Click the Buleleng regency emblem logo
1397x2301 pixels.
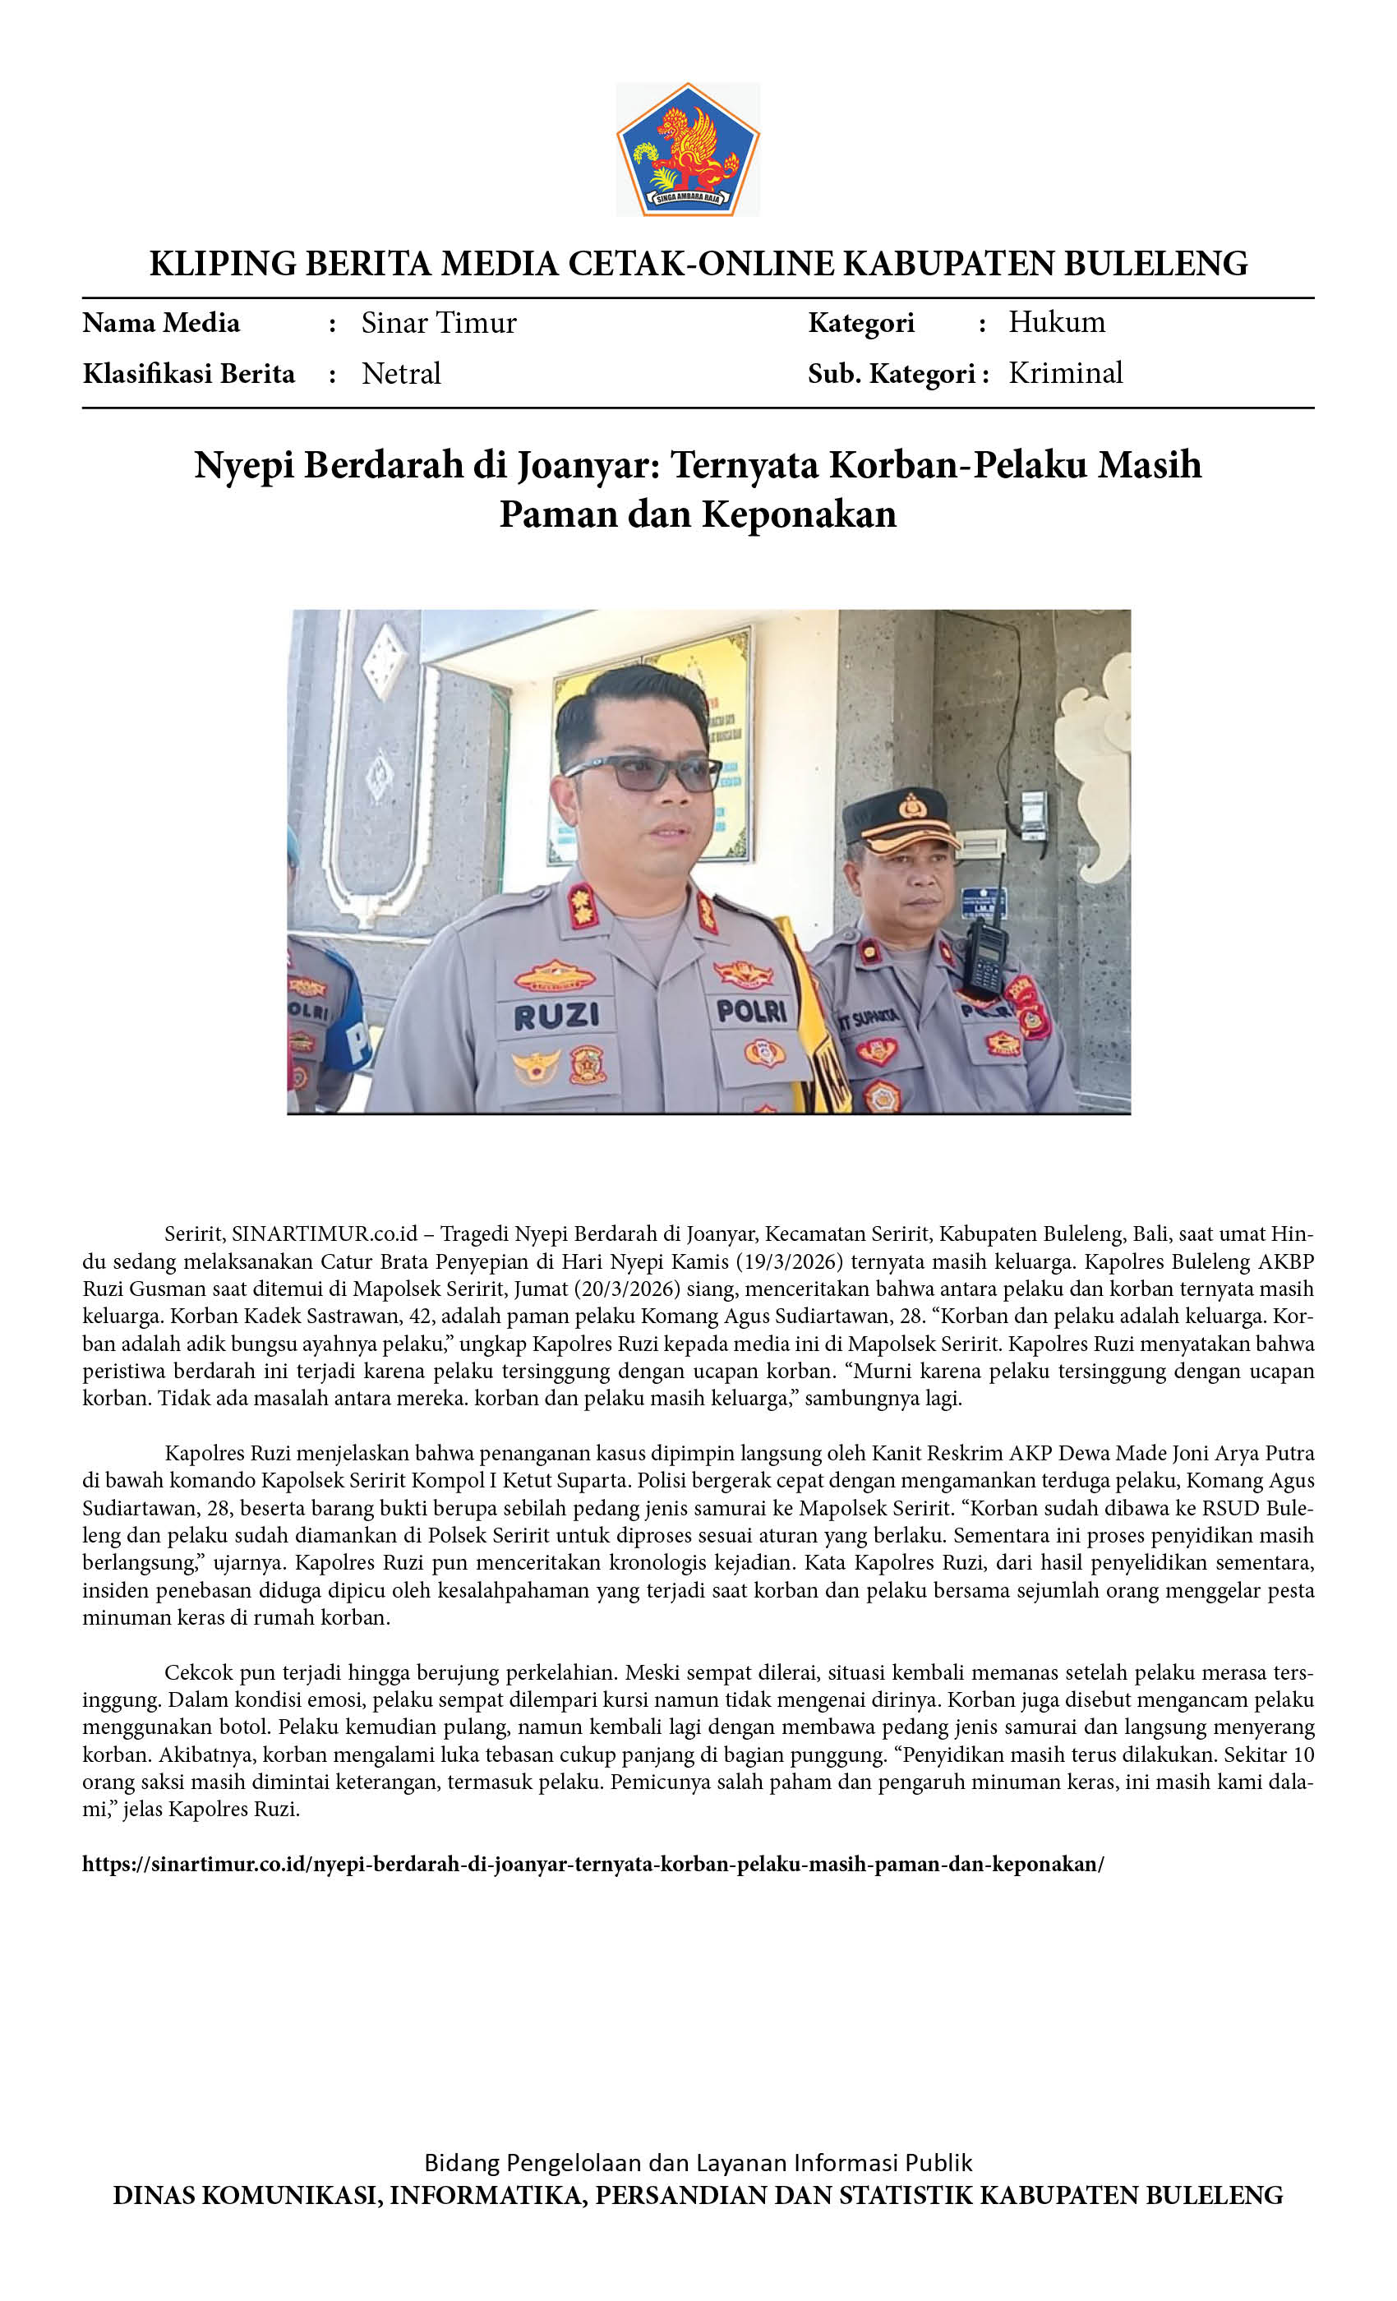point(687,150)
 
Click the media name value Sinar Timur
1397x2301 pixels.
point(438,323)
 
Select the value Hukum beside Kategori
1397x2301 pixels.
point(1056,322)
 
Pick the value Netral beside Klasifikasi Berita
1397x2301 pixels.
point(401,374)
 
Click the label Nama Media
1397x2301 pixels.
point(160,323)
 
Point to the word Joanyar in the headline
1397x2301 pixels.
point(588,465)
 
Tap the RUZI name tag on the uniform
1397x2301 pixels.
point(556,1016)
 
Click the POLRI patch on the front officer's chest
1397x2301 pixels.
point(752,1011)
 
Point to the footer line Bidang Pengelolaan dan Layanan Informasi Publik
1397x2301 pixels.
point(698,2163)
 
